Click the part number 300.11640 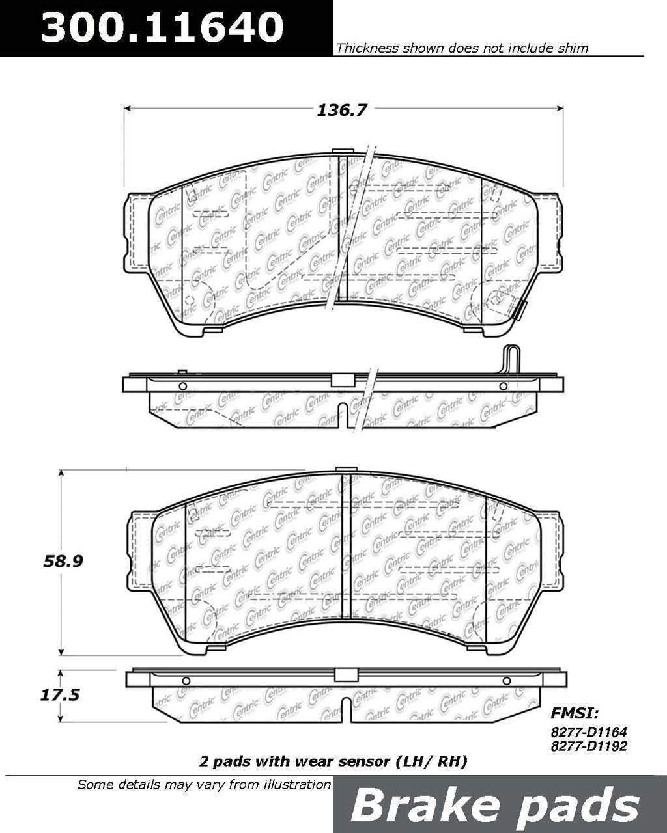163,27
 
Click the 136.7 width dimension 342,110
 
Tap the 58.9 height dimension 63,561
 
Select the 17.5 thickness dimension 60,695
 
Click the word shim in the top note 573,48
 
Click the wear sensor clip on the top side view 513,359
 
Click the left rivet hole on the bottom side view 186,681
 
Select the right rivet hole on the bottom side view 507,681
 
